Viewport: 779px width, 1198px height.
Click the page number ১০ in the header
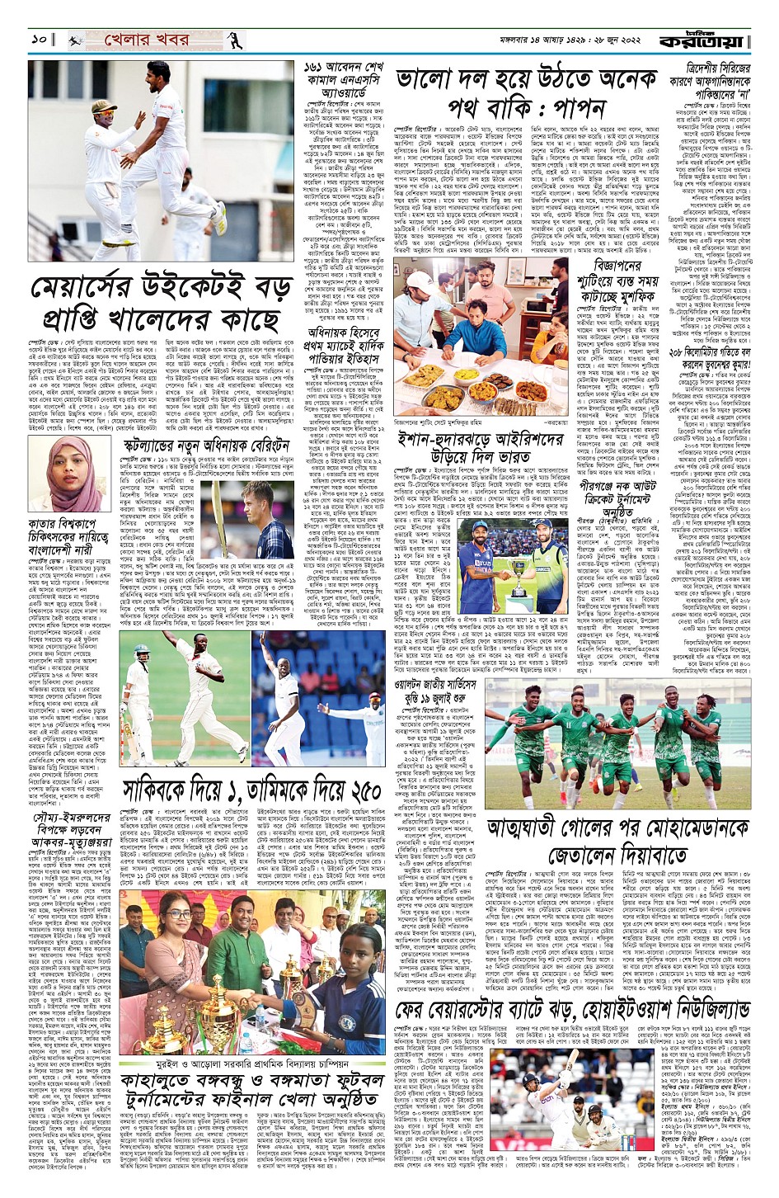click(x=39, y=40)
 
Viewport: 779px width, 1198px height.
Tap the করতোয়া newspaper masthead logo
click(x=722, y=36)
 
